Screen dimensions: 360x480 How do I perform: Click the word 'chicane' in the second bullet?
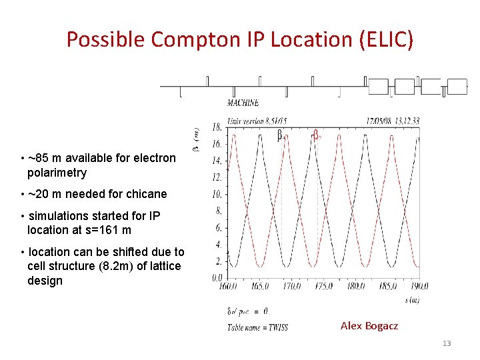coord(147,195)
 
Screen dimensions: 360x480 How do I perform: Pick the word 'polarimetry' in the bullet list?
coord(57,173)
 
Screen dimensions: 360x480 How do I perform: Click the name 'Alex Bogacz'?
coord(369,326)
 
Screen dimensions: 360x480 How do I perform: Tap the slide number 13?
coord(447,343)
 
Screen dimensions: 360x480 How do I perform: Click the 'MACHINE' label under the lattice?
coord(243,103)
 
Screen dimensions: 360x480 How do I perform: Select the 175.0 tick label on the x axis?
coord(324,286)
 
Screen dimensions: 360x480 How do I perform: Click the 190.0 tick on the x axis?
coord(419,286)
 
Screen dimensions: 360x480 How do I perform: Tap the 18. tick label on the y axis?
coord(217,127)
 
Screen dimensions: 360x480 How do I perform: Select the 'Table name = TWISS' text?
coord(257,327)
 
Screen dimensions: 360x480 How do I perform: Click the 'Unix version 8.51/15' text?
coord(257,121)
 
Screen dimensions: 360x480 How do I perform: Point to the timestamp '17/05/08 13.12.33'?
coord(393,121)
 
